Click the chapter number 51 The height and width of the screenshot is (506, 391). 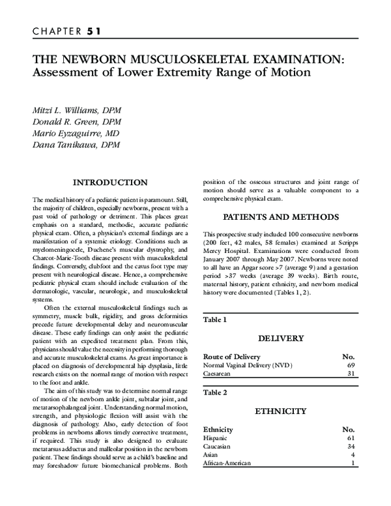(92, 30)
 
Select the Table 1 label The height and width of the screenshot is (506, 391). (215, 320)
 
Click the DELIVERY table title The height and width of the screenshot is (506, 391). (281, 339)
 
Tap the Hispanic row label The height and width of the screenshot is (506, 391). (216, 439)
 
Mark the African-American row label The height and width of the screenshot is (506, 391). (228, 463)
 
